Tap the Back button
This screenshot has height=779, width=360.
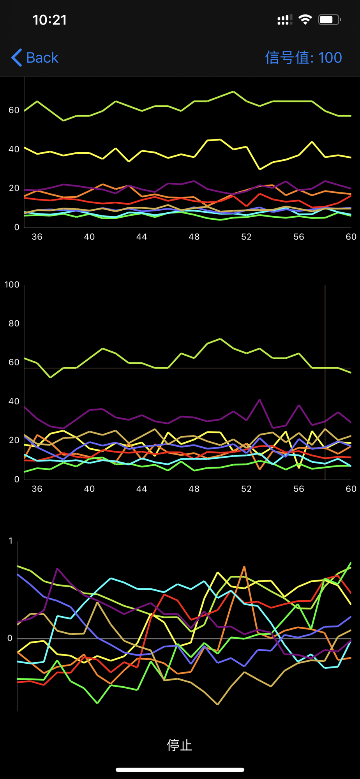pos(35,58)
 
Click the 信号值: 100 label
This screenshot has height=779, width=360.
pos(303,58)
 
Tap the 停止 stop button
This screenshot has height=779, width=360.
pos(180,745)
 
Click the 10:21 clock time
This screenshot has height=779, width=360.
pos(49,20)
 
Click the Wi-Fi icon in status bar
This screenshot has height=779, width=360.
pos(305,19)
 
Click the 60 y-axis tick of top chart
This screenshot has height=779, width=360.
pos(14,110)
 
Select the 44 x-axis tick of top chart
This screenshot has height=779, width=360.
pos(142,236)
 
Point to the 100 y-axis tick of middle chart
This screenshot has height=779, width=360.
pos(12,285)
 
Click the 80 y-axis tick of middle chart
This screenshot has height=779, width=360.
pos(14,324)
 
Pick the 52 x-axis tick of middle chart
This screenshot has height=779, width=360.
pos(246,489)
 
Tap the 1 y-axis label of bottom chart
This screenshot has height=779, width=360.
pos(11,541)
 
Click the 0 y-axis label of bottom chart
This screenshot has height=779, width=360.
pos(10,638)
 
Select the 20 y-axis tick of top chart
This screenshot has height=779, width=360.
pos(14,188)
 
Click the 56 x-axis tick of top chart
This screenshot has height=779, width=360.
pos(299,236)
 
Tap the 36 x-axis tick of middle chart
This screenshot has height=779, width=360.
pos(37,489)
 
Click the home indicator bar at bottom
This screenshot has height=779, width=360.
pos(180,770)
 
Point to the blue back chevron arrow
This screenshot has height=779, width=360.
pos(16,58)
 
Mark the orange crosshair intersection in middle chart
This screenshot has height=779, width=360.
pos(325,368)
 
